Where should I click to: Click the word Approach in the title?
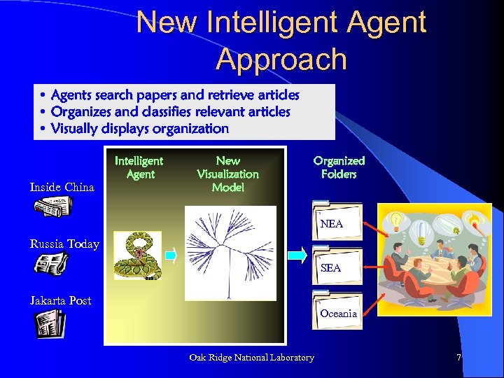(x=281, y=59)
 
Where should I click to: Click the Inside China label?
(x=62, y=187)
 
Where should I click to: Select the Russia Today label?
(x=64, y=244)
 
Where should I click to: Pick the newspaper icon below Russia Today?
(x=51, y=263)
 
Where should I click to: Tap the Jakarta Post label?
(x=60, y=300)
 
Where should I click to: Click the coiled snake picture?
(x=137, y=255)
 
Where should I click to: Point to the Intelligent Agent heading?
(x=139, y=167)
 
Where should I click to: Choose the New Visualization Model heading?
(x=227, y=174)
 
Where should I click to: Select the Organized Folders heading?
(x=339, y=167)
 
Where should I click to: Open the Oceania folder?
(x=337, y=310)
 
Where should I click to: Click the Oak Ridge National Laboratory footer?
(x=251, y=358)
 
